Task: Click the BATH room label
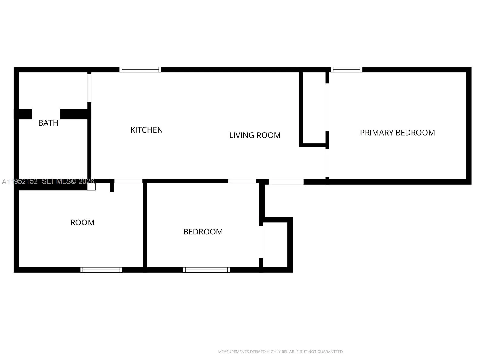[48, 123]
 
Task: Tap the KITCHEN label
[146, 130]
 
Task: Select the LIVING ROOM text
[255, 135]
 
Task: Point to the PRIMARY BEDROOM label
[397, 133]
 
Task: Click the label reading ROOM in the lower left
[82, 223]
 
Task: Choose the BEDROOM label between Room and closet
[203, 232]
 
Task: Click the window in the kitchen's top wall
[140, 70]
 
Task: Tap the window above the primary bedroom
[346, 70]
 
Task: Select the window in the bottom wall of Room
[101, 270]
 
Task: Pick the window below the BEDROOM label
[206, 270]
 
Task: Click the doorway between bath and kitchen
[89, 88]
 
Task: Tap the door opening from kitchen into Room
[128, 181]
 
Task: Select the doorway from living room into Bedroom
[242, 181]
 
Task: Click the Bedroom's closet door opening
[261, 242]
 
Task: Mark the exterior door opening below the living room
[286, 182]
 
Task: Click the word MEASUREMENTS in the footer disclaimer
[233, 352]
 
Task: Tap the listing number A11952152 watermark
[20, 182]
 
